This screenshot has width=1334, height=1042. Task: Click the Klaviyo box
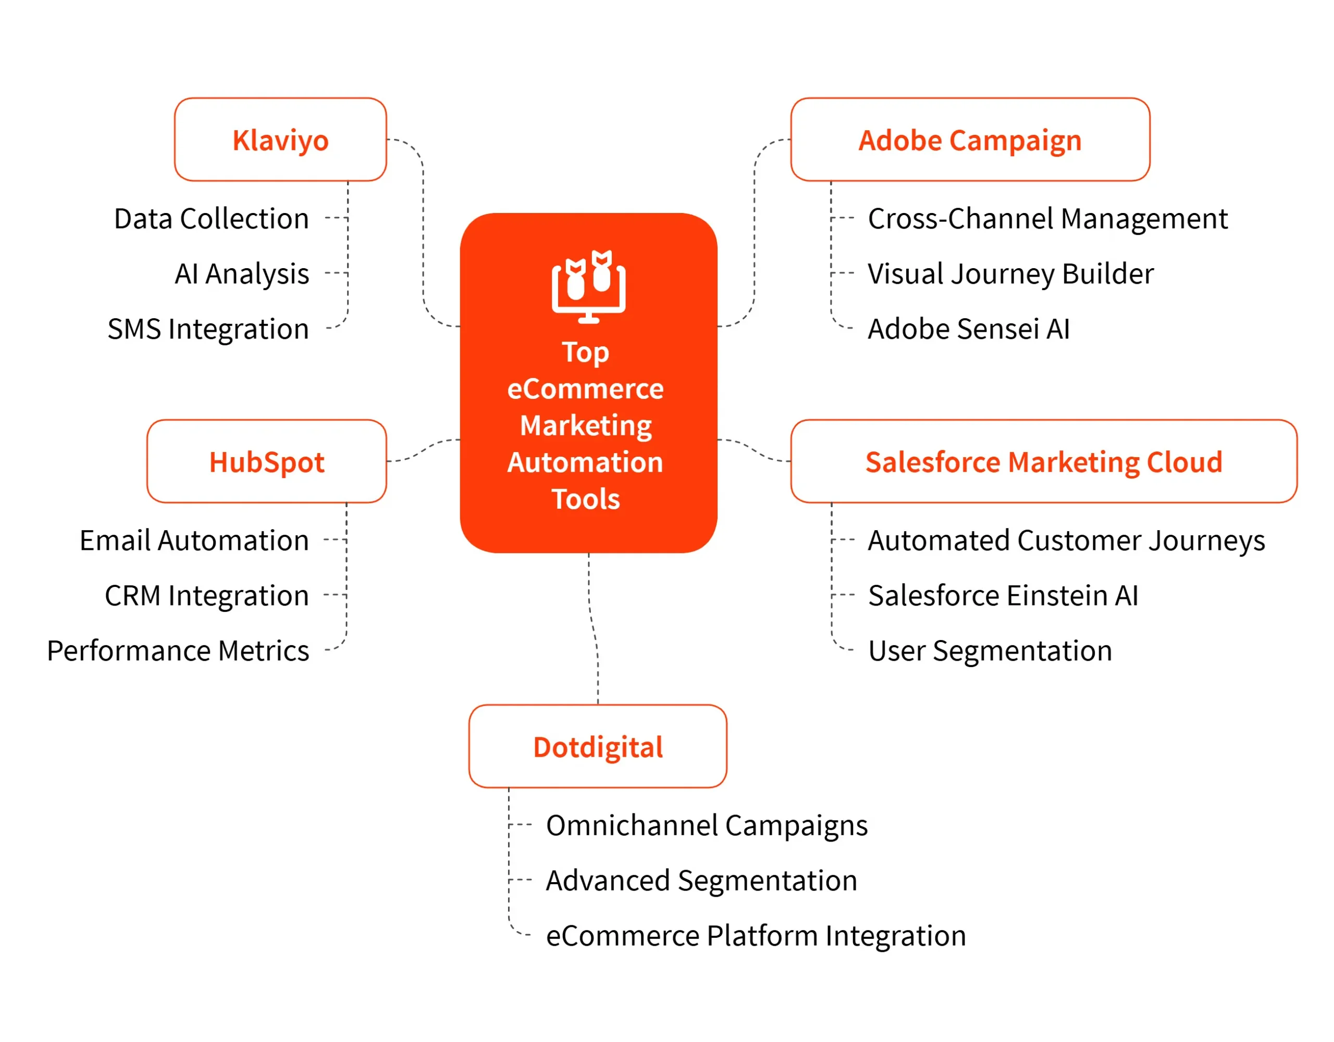click(x=280, y=140)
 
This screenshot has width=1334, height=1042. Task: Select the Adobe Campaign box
click(x=970, y=140)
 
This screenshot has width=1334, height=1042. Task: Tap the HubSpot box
click(x=266, y=461)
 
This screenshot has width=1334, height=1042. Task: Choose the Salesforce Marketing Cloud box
click(x=1044, y=461)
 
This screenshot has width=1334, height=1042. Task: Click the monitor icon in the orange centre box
click(x=588, y=286)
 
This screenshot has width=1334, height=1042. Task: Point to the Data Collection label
click(x=212, y=219)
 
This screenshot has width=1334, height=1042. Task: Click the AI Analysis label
click(x=242, y=273)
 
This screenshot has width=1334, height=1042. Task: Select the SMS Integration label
click(x=208, y=329)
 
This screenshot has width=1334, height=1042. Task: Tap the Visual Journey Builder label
click(x=1010, y=273)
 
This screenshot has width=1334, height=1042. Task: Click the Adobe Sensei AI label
click(x=969, y=329)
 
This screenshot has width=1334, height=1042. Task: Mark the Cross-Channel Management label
click(x=1047, y=219)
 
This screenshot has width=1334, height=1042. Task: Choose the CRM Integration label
click(x=206, y=595)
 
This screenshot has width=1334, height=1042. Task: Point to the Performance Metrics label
click(x=178, y=650)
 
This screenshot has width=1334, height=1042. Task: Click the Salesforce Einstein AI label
click(x=1003, y=595)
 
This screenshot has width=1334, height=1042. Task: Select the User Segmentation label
click(x=990, y=650)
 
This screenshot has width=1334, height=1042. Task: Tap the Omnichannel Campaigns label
click(x=707, y=825)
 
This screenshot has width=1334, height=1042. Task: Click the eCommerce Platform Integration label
click(x=756, y=935)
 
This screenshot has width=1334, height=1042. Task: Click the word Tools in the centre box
click(x=586, y=499)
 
